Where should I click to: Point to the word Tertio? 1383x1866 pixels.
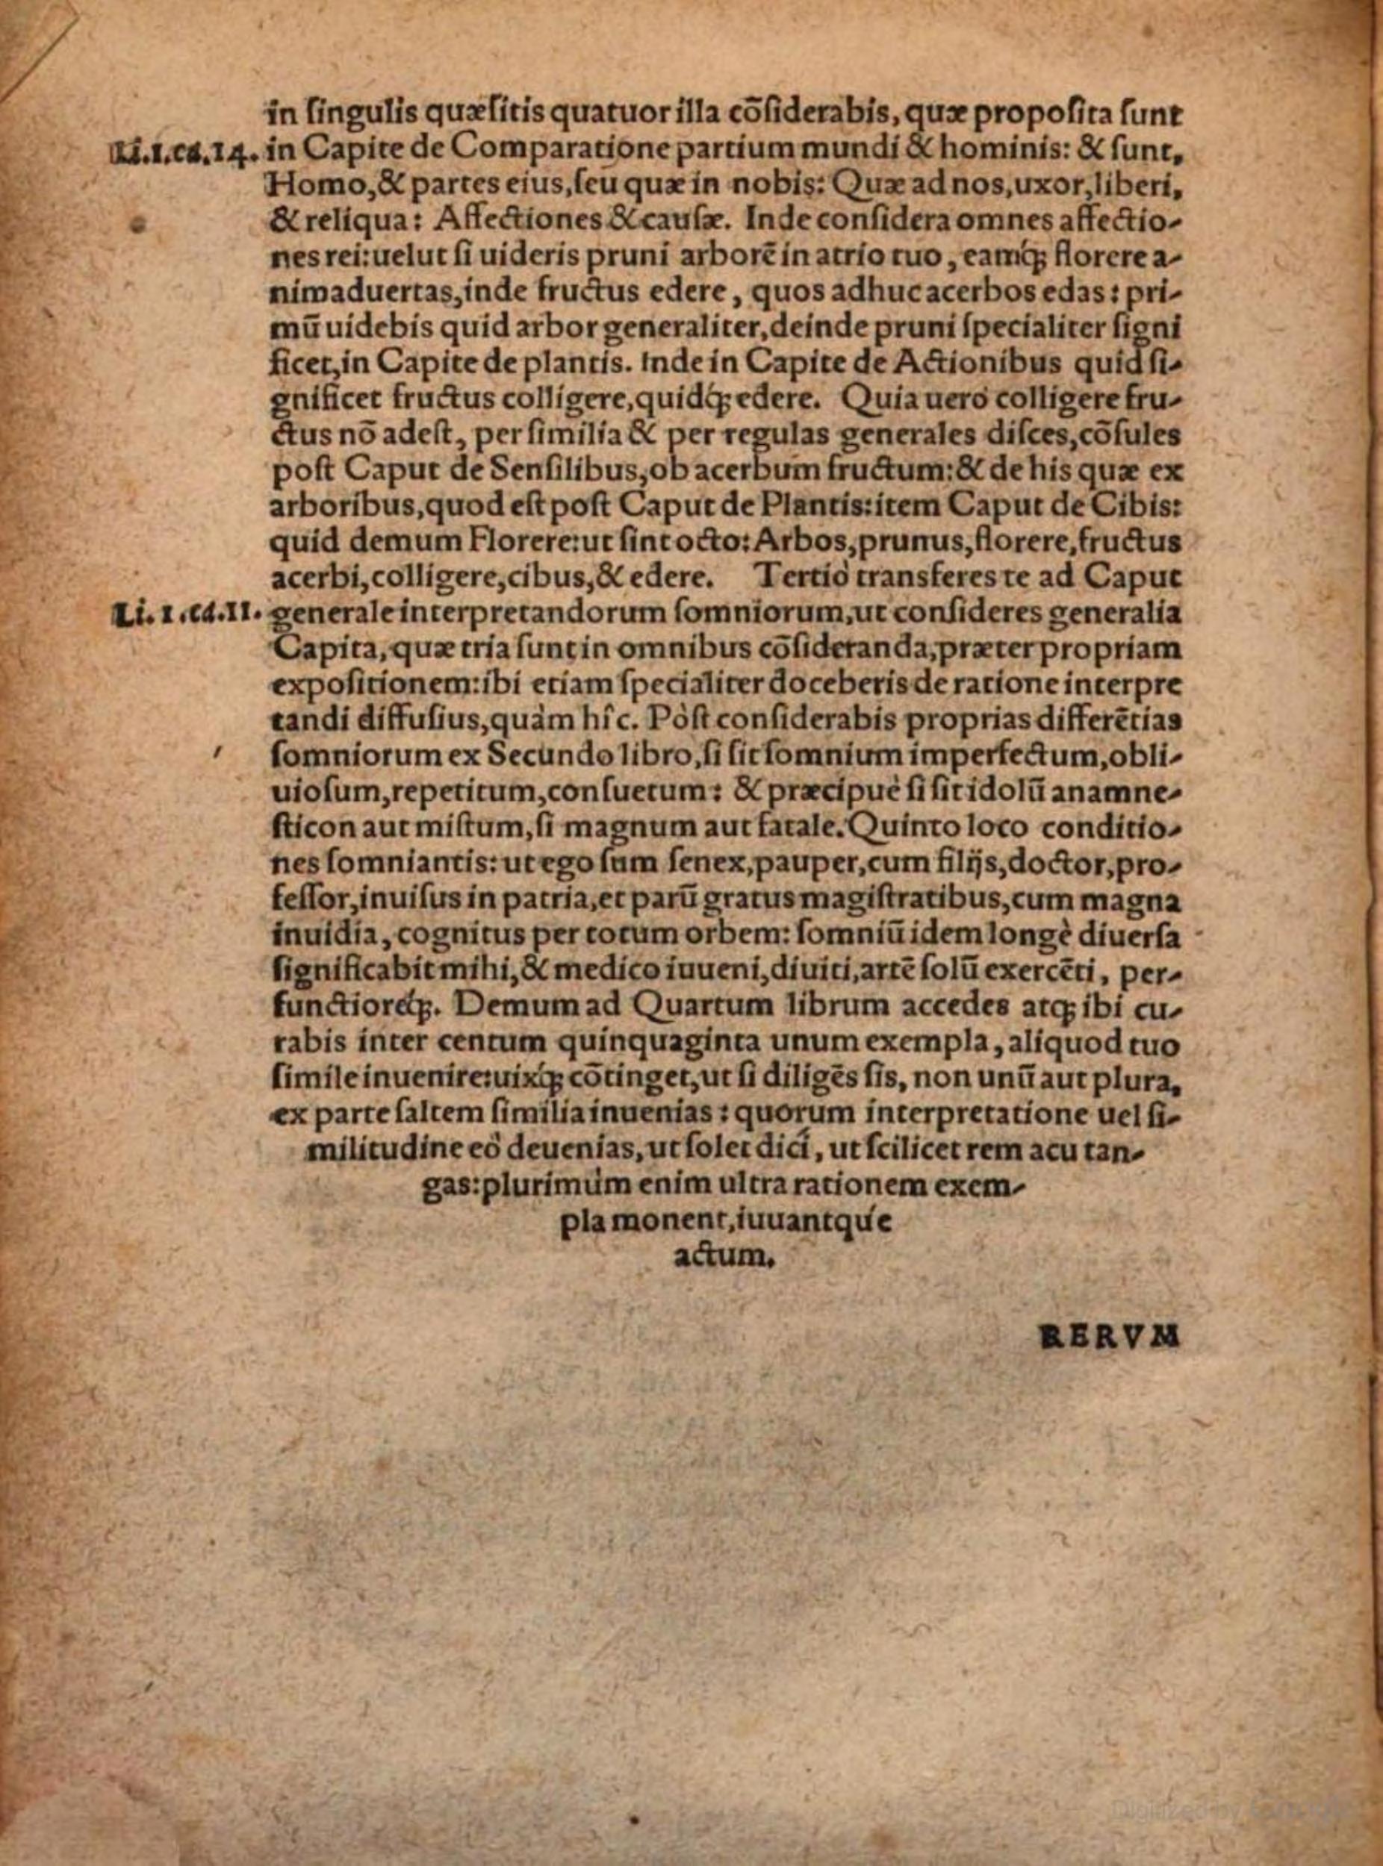[800, 578]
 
